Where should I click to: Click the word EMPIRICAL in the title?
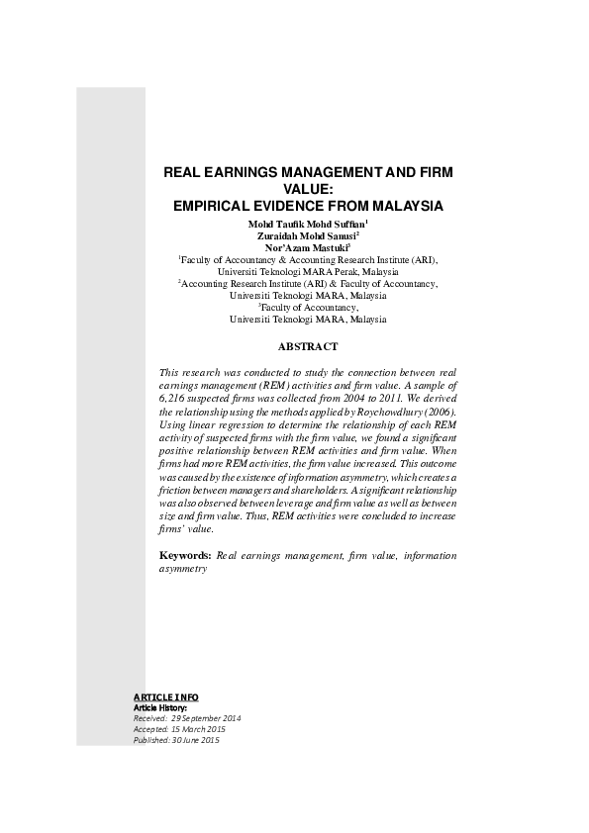tap(214, 207)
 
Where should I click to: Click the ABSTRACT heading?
tap(308, 346)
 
